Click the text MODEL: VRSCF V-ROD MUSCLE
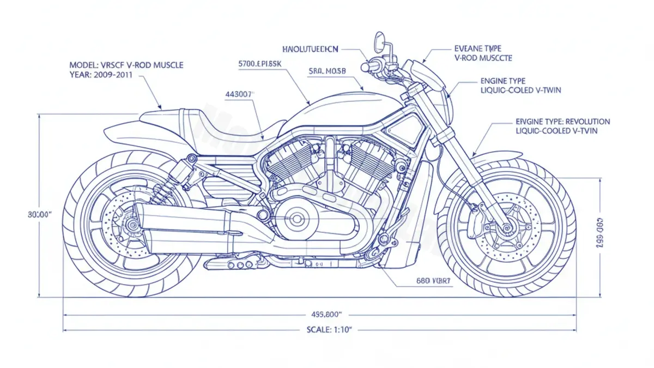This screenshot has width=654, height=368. tap(126, 65)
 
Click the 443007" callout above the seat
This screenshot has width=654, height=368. tap(239, 94)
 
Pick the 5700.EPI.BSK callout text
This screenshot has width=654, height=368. tap(260, 63)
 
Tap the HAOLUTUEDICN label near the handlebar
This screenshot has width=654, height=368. tap(311, 49)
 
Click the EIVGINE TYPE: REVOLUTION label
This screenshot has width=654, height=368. tap(562, 122)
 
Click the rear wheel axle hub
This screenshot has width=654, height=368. tap(131, 224)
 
